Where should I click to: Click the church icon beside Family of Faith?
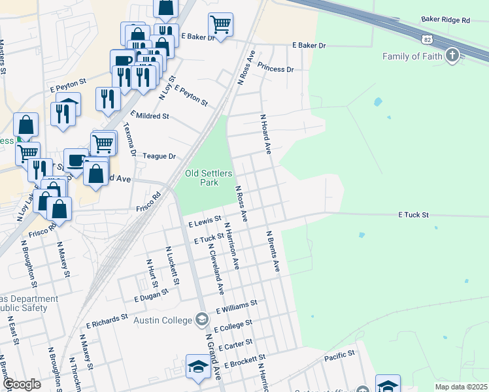pos(452,56)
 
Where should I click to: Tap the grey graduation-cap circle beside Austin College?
pos(202,319)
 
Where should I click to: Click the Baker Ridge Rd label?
pos(446,21)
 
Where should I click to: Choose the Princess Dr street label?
pos(275,69)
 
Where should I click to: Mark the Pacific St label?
pos(339,356)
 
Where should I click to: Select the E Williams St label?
pos(237,307)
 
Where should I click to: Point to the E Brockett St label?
pos(245,361)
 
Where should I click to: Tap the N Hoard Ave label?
pos(265,135)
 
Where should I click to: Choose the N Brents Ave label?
pos(272,251)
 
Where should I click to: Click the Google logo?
pos(22,384)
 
